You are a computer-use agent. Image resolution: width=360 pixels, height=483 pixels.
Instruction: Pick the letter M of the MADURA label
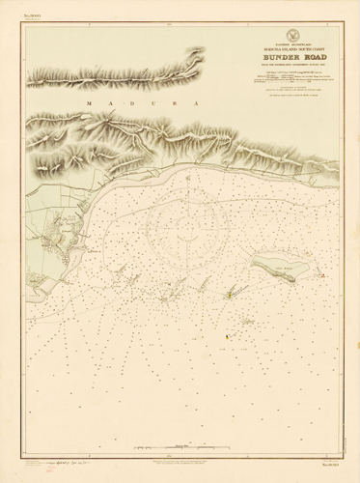click(88, 101)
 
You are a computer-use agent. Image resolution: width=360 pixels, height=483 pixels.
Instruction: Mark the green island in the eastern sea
click(279, 268)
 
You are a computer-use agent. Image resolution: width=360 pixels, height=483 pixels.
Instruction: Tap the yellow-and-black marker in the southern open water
click(226, 336)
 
